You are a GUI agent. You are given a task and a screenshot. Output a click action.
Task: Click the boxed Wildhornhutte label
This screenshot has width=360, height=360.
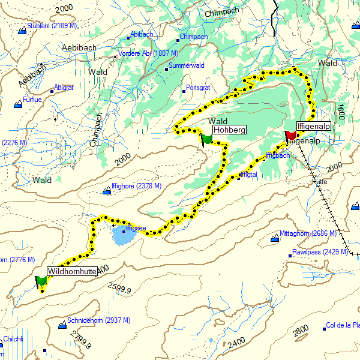(71, 271)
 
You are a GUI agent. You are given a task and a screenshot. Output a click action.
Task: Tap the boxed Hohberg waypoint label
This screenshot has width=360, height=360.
(229, 129)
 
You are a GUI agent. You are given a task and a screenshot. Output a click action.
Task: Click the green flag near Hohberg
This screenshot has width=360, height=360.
(207, 139)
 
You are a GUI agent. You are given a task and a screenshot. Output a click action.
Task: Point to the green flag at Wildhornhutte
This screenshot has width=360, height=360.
(41, 280)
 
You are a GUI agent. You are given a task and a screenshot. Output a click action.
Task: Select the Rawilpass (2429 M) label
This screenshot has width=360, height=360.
(320, 253)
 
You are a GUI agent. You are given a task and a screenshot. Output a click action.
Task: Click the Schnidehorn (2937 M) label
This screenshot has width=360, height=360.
(97, 320)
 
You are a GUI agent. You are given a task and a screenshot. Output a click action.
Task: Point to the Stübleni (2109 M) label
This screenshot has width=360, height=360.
(52, 26)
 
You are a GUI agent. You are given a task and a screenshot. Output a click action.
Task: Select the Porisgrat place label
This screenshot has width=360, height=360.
(198, 88)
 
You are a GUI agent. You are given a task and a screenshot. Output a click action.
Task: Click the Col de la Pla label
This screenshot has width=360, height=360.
(342, 325)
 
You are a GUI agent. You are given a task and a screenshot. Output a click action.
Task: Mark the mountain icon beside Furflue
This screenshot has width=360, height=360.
(18, 105)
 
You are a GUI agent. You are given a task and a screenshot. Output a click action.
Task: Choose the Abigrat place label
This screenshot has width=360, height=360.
(64, 88)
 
